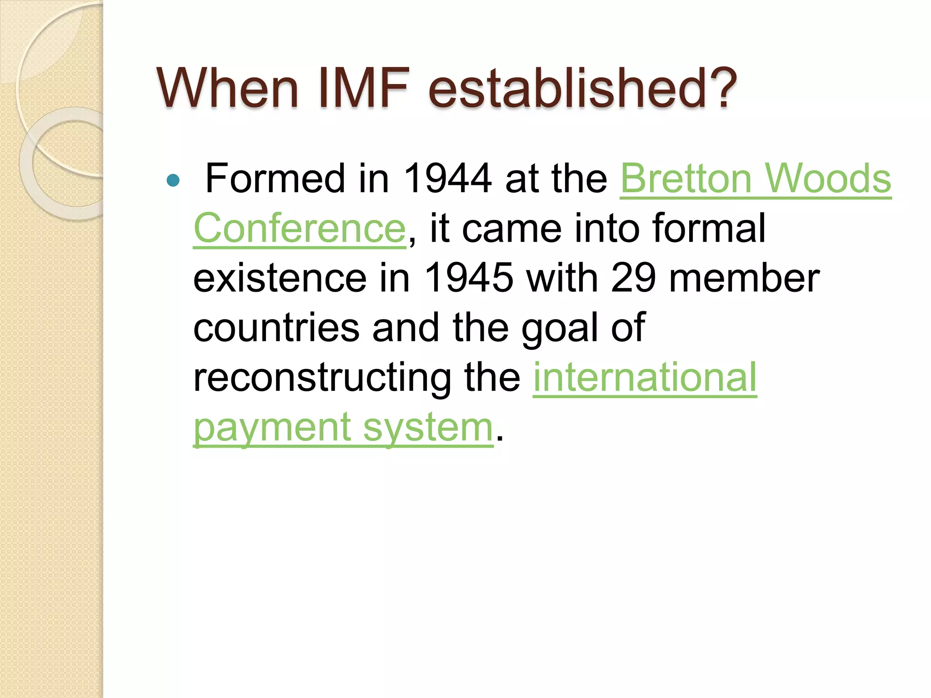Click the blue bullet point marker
click(173, 180)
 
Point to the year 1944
click(447, 179)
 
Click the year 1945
click(468, 278)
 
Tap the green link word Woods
click(828, 179)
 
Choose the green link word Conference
click(299, 228)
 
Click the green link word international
click(645, 377)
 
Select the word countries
click(276, 328)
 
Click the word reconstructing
click(322, 377)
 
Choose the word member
click(744, 278)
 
